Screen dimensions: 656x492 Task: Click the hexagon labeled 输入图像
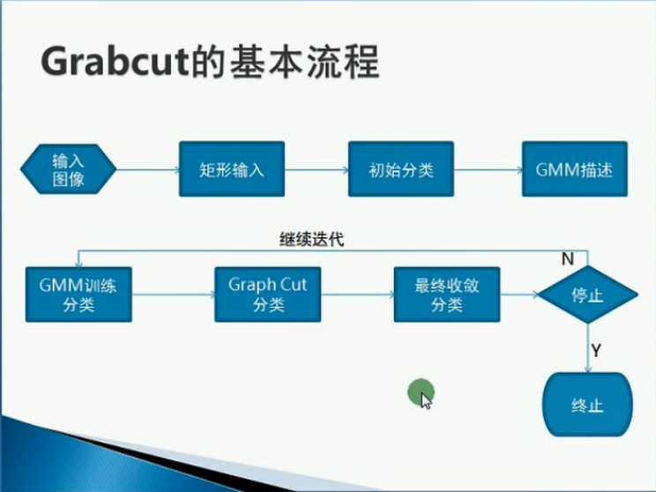[68, 169]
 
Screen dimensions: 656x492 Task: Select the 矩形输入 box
[232, 169]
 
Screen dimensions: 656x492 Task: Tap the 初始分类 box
[401, 169]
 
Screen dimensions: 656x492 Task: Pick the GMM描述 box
[574, 169]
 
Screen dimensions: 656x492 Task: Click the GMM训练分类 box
[78, 294]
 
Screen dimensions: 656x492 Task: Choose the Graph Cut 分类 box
[268, 294]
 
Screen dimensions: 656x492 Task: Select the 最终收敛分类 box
[447, 294]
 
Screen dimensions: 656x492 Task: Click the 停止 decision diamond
[587, 294]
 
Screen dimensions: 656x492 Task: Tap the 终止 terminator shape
[587, 405]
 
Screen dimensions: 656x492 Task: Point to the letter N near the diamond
[567, 259]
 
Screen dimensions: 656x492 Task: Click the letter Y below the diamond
[596, 350]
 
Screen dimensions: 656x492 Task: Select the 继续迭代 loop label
[311, 240]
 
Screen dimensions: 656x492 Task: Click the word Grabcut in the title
[115, 62]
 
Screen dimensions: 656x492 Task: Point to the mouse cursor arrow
[427, 401]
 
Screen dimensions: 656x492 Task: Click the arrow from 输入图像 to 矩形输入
[148, 169]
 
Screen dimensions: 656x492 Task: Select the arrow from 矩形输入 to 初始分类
[317, 169]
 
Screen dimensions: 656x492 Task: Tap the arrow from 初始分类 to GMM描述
[488, 169]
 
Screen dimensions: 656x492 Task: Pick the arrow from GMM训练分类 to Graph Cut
[174, 294]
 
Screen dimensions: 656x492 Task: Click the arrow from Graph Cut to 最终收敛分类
[358, 294]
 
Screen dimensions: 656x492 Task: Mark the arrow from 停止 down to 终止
[588, 348]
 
